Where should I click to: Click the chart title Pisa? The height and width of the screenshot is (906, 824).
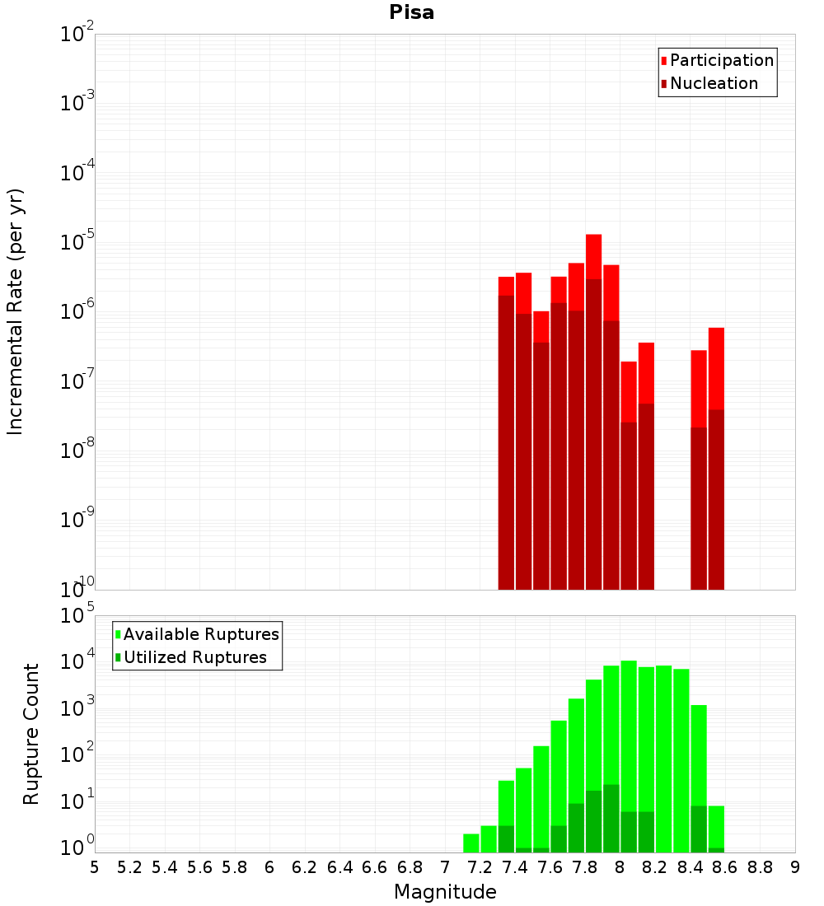412,13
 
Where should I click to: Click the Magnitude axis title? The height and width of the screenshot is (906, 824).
445,892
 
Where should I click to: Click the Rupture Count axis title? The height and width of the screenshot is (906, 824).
31,734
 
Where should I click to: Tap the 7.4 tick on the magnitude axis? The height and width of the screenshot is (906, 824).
515,867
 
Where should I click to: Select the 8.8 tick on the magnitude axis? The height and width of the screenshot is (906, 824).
760,867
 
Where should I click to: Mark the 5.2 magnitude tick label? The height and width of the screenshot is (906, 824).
129,867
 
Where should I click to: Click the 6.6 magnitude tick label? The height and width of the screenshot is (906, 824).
375,867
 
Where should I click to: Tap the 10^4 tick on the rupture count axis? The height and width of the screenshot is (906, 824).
78,662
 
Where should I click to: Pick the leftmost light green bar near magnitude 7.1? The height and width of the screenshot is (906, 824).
471,843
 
